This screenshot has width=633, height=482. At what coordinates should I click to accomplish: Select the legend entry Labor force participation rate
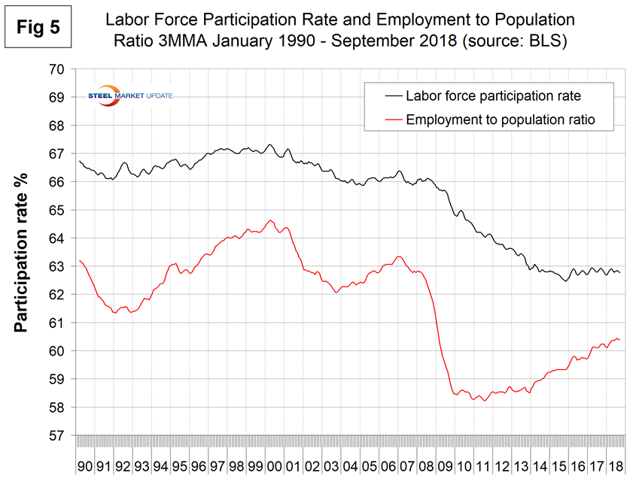(x=493, y=95)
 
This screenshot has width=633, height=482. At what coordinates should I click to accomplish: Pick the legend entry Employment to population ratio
(x=501, y=119)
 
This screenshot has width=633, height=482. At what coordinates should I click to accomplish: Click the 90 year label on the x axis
(x=85, y=466)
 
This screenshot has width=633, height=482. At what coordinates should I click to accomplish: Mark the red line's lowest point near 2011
(x=485, y=401)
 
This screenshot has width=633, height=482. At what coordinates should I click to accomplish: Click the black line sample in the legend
(x=385, y=95)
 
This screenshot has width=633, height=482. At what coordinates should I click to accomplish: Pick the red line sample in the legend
(x=385, y=119)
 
